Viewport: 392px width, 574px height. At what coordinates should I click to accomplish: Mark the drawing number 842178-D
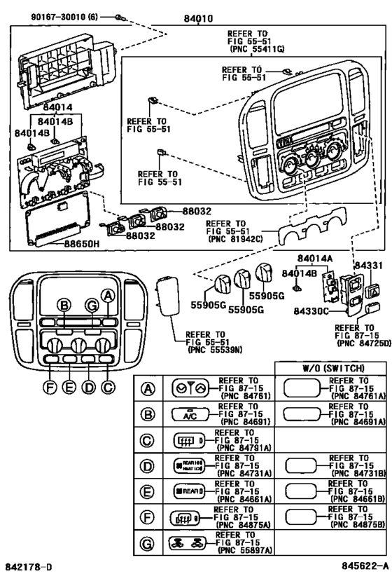[27, 564]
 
